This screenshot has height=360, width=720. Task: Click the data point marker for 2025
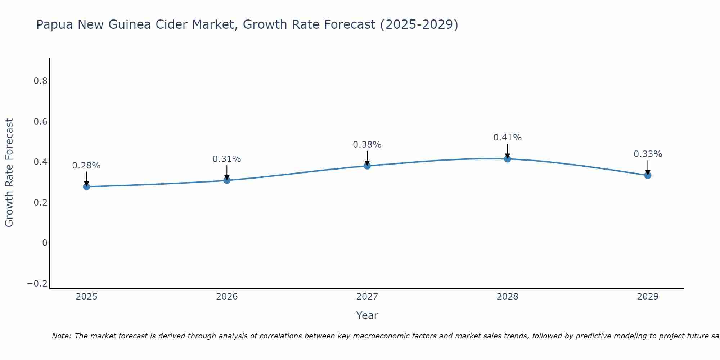pyautogui.click(x=86, y=186)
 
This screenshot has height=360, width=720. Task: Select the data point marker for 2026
pyautogui.click(x=227, y=180)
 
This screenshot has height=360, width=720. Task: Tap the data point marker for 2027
pyautogui.click(x=367, y=166)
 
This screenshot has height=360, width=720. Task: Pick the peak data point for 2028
pyautogui.click(x=508, y=159)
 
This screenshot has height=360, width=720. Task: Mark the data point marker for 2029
pyautogui.click(x=648, y=175)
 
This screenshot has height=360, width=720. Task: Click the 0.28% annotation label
pyautogui.click(x=86, y=166)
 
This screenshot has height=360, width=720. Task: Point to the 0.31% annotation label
pyautogui.click(x=227, y=159)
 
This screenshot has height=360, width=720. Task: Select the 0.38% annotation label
pyautogui.click(x=367, y=145)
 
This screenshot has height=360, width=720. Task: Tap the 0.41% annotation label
pyautogui.click(x=508, y=138)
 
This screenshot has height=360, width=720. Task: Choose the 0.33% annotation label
pyautogui.click(x=648, y=154)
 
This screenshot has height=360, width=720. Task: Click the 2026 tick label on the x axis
pyautogui.click(x=227, y=297)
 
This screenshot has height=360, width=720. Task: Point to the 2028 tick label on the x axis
pyautogui.click(x=508, y=297)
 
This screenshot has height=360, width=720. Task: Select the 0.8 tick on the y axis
pyautogui.click(x=40, y=81)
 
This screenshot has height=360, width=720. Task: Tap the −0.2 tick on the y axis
pyautogui.click(x=37, y=284)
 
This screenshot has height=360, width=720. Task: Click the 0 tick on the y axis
pyautogui.click(x=45, y=243)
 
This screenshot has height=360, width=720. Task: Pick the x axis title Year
pyautogui.click(x=367, y=315)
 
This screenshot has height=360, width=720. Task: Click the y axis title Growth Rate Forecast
pyautogui.click(x=9, y=173)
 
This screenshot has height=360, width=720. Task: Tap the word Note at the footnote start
pyautogui.click(x=61, y=336)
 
